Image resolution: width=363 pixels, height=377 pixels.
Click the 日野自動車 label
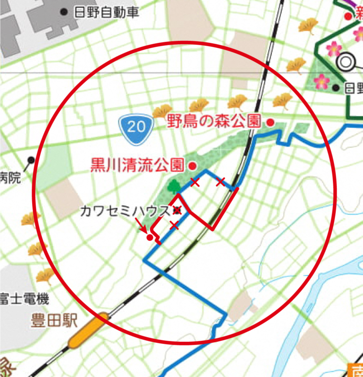tap(107, 13)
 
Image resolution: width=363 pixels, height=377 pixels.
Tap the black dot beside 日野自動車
tap(64, 12)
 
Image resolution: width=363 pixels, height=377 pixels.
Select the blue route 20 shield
tap(136, 126)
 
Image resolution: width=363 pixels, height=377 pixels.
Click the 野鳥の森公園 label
tap(214, 121)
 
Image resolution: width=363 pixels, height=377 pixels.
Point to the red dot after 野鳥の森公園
tap(270, 122)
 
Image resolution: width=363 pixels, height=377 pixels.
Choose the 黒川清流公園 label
tap(137, 165)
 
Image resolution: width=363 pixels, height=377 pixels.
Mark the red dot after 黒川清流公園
tap(192, 166)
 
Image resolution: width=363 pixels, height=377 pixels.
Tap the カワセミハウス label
tap(125, 211)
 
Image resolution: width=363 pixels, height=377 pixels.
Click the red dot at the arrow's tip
tap(150, 237)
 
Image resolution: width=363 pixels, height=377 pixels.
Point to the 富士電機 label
tap(24, 300)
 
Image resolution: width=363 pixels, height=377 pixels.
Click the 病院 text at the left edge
tap(10, 177)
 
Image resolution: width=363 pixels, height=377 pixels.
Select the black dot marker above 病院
tap(31, 160)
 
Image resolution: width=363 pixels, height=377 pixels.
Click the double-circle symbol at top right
tap(346, 62)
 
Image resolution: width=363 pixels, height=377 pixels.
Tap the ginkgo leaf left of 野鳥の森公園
tap(162, 111)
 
